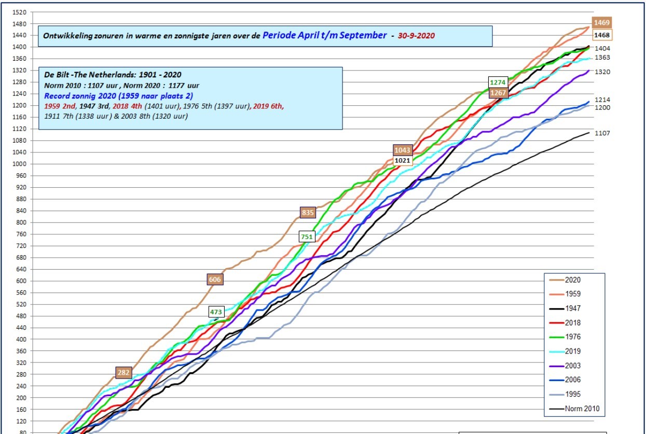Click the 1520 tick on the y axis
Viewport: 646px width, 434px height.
(19, 12)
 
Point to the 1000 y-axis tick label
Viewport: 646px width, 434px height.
(19, 164)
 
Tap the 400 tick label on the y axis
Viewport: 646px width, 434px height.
(21, 340)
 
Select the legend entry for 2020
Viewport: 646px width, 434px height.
(565, 280)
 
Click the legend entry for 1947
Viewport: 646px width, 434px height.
(565, 309)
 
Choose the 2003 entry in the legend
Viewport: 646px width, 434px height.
(565, 366)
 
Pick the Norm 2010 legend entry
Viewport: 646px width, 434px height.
(574, 409)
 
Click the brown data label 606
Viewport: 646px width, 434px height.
(215, 279)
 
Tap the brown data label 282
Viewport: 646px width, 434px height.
(123, 372)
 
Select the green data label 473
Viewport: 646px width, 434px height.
(216, 312)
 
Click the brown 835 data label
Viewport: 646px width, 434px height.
(308, 213)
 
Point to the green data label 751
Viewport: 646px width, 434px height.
(307, 236)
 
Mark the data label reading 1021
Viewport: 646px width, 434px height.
(402, 161)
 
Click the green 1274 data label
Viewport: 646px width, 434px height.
(498, 82)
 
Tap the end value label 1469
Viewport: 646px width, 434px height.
(601, 22)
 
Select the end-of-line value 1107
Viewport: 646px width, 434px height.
(602, 133)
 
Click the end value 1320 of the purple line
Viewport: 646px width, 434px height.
(602, 72)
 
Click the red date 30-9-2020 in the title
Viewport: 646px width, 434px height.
(416, 35)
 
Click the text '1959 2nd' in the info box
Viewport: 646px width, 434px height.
(60, 106)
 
